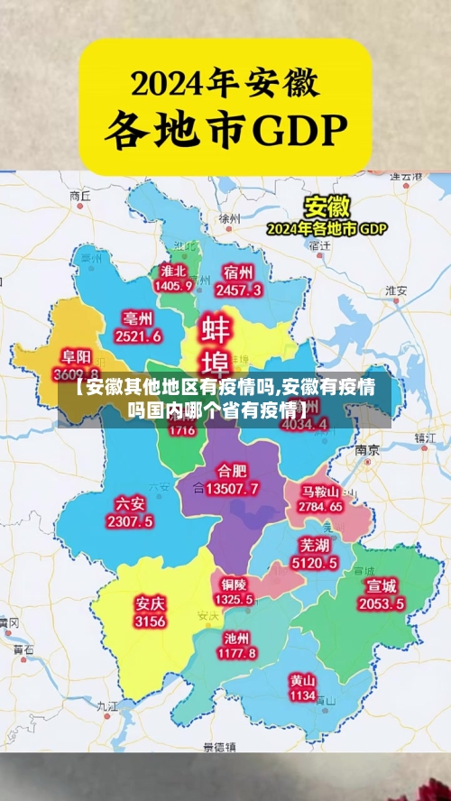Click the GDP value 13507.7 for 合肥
[232, 489]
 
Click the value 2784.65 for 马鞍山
[322, 507]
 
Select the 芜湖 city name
[314, 546]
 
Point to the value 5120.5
[314, 563]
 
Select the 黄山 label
[302, 680]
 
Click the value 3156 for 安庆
[150, 621]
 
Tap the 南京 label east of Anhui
[366, 448]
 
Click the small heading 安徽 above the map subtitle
[327, 206]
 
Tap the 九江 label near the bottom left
[106, 706]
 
